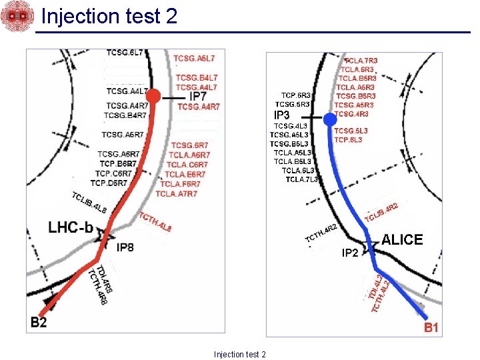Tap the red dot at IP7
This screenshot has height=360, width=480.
[x=153, y=97]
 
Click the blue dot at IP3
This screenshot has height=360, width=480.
[x=330, y=120]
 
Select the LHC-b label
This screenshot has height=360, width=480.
[x=71, y=227]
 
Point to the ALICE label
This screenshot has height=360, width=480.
[x=402, y=240]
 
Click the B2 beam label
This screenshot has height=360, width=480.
[x=39, y=323]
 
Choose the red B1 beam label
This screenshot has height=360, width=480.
[x=431, y=327]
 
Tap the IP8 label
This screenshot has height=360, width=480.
[x=125, y=248]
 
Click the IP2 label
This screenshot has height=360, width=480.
[x=350, y=253]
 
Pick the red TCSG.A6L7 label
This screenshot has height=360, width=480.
[x=194, y=59]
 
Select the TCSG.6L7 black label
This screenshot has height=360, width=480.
[x=124, y=53]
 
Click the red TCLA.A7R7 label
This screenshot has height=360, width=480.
[x=176, y=194]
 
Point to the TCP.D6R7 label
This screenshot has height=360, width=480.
[x=108, y=183]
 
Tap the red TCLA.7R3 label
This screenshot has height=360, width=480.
[x=361, y=61]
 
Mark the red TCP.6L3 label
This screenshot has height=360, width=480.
[x=348, y=140]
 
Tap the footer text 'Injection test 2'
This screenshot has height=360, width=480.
[x=240, y=354]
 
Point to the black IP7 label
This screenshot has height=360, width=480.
[x=198, y=97]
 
